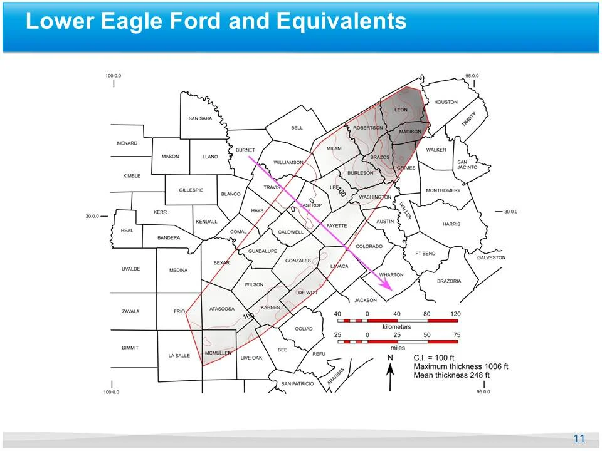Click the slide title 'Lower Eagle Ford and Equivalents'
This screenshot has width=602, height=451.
(x=216, y=21)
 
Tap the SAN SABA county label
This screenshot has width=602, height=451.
(x=201, y=118)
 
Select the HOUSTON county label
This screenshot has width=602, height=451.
(x=446, y=102)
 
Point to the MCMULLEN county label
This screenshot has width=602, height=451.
(x=218, y=353)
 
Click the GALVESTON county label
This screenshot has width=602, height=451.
(x=491, y=257)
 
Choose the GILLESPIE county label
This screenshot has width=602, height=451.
(x=191, y=190)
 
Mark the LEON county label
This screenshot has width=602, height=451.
(x=401, y=110)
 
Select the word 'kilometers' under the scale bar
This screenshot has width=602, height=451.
(x=396, y=327)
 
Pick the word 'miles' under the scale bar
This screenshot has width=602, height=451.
(x=398, y=347)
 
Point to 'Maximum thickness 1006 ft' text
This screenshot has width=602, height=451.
(x=461, y=366)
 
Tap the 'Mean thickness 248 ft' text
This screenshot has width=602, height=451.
(x=451, y=375)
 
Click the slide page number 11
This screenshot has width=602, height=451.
(x=579, y=438)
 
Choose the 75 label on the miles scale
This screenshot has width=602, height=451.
(x=457, y=335)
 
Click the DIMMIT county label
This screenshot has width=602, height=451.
(x=130, y=348)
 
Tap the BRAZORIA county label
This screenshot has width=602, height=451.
(x=448, y=281)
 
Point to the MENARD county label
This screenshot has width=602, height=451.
(x=127, y=143)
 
